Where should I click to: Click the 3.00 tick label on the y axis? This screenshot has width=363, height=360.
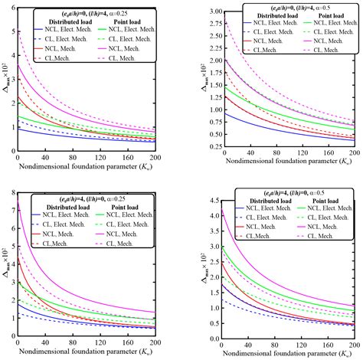coord(207,13)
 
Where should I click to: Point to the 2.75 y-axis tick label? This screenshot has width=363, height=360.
coord(207,25)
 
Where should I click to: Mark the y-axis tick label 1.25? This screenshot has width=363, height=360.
coord(207,98)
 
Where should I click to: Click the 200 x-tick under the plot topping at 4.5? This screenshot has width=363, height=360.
coord(353,340)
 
